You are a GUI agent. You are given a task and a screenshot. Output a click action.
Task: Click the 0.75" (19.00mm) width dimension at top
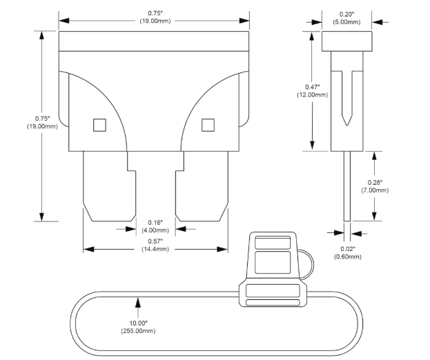tap(155, 17)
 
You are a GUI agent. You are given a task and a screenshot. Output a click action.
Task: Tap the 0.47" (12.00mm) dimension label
tap(315, 90)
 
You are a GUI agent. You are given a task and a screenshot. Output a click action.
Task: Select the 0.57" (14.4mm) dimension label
tap(155, 244)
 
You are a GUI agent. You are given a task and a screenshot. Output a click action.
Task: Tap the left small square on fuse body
tap(99, 124)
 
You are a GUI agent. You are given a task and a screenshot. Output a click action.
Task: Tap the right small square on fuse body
tap(208, 124)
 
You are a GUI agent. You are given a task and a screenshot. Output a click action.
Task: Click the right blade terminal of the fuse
tap(202, 186)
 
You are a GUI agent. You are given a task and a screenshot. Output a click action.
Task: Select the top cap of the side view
tap(346, 41)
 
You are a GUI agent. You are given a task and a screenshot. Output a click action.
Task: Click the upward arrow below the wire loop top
tap(139, 302)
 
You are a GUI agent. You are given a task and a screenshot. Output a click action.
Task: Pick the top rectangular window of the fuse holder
tap(273, 242)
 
